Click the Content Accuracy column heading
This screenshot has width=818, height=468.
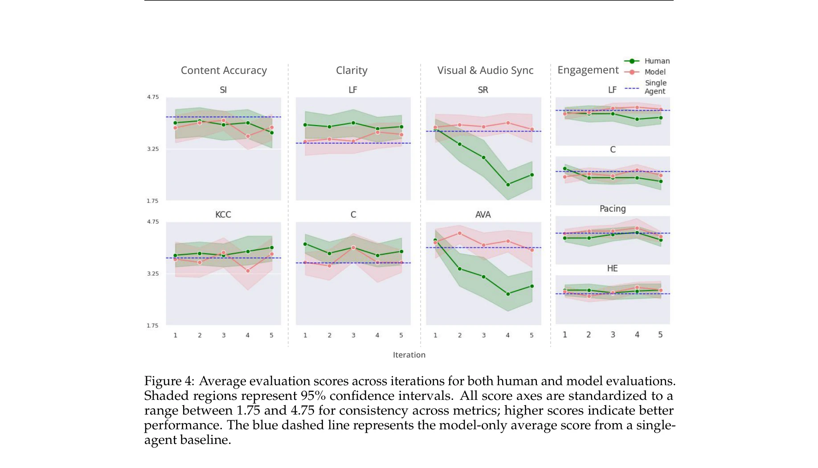pyautogui.click(x=224, y=70)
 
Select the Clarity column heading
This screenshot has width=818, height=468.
pyautogui.click(x=352, y=70)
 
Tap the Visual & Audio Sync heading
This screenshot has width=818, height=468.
pyautogui.click(x=485, y=70)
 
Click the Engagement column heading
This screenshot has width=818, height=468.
pyautogui.click(x=588, y=70)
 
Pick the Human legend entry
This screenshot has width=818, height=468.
pyautogui.click(x=657, y=61)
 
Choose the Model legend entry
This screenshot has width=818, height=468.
pyautogui.click(x=654, y=72)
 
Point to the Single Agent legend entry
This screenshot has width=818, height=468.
pyautogui.click(x=655, y=87)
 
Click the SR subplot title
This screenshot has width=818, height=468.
pyautogui.click(x=483, y=90)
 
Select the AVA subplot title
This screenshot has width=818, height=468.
pyautogui.click(x=483, y=215)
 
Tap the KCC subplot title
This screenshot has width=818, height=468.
pyautogui.click(x=223, y=215)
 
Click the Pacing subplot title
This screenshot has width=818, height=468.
pyautogui.click(x=613, y=209)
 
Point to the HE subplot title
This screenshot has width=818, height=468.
pyautogui.click(x=612, y=269)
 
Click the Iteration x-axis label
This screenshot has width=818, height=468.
pyautogui.click(x=409, y=355)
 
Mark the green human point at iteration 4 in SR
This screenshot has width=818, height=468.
pyautogui.click(x=508, y=184)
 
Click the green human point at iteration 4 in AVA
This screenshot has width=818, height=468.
pyautogui.click(x=508, y=294)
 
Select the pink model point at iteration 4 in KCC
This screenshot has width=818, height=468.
pyautogui.click(x=248, y=271)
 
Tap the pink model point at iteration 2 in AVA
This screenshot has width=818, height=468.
pyautogui.click(x=460, y=233)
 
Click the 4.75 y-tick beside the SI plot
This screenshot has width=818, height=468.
pyautogui.click(x=153, y=97)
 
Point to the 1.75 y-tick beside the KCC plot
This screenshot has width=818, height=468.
pyautogui.click(x=153, y=326)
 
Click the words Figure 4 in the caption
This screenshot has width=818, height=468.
pyautogui.click(x=169, y=381)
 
